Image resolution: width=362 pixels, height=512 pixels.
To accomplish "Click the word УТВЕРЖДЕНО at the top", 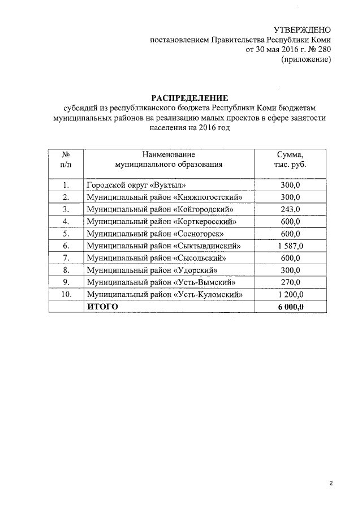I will pyautogui.click(x=301, y=29).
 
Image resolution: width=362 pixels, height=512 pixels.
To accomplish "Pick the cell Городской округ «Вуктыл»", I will pyautogui.click(x=136, y=185).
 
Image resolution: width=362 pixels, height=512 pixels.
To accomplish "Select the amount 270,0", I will pyautogui.click(x=290, y=282).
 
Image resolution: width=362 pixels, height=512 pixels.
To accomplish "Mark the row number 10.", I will pyautogui.click(x=66, y=294).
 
